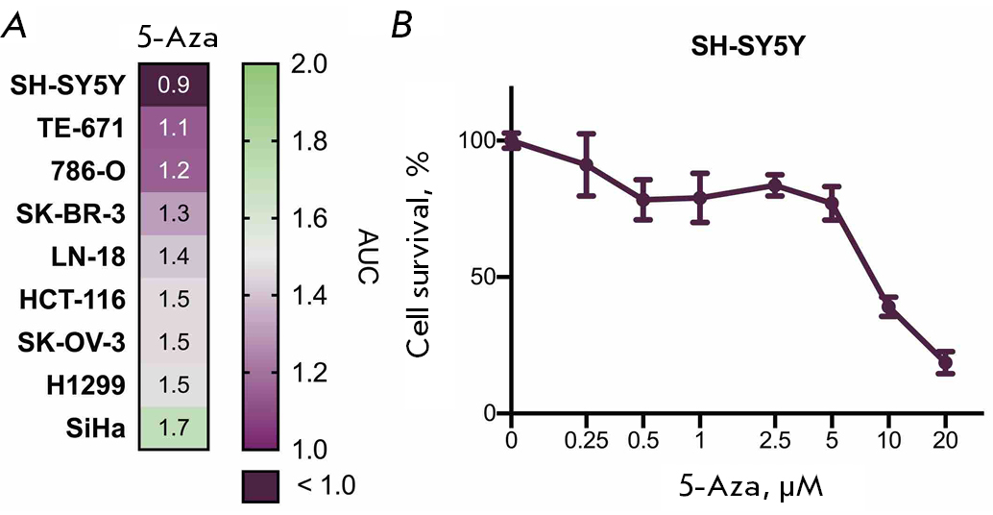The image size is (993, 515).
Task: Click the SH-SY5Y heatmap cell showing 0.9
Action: coord(174,85)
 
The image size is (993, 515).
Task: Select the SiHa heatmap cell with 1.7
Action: coord(174,428)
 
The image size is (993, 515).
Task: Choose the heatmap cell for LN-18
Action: coord(174,257)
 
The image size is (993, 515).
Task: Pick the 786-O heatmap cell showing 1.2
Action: coord(174,171)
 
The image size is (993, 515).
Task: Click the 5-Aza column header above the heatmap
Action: coord(174,39)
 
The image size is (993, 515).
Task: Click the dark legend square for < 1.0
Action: coord(260,484)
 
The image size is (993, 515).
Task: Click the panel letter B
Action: coord(404,27)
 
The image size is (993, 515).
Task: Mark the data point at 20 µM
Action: coord(945,362)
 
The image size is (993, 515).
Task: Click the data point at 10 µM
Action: coord(888,307)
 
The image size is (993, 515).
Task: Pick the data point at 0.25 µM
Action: coord(586,164)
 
